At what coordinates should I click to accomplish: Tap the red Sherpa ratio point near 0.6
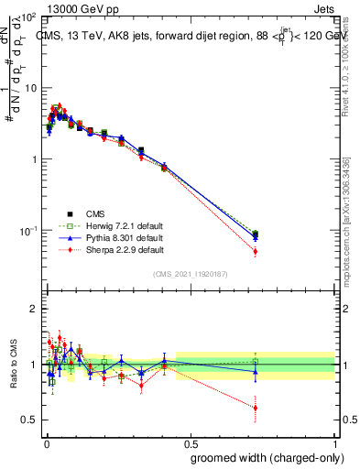(255, 408)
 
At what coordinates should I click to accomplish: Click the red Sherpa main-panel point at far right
(255, 251)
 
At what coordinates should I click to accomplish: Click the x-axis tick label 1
(334, 442)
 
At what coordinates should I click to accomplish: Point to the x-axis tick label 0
(46, 442)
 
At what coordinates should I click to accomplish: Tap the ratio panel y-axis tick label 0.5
(28, 420)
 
